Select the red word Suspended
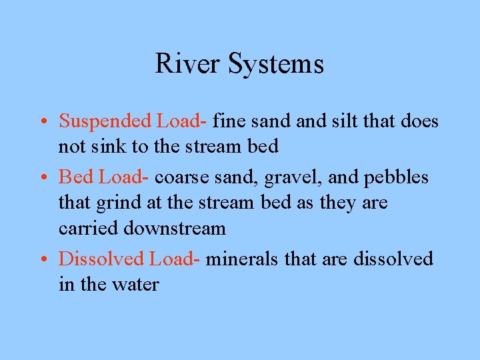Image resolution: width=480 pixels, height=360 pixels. (105, 121)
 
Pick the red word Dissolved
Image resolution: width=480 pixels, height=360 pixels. (102, 259)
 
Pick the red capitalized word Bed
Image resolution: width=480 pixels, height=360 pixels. (75, 177)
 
